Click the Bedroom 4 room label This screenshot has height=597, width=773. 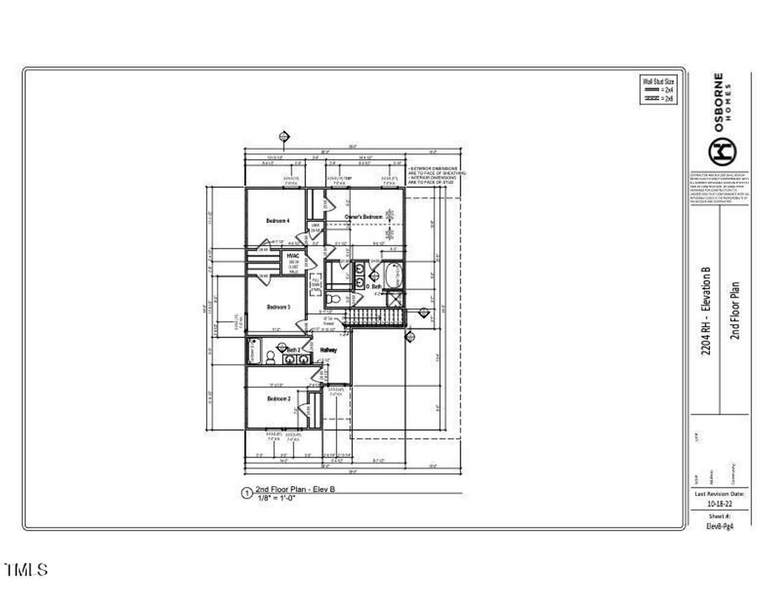(x=278, y=222)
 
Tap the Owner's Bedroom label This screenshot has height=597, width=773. (x=364, y=217)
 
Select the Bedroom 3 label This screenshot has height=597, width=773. (x=278, y=307)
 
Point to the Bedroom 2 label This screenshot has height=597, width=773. (x=278, y=399)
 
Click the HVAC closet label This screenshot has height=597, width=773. (x=293, y=256)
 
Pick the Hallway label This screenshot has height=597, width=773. (x=329, y=350)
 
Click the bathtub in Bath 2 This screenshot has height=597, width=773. (x=253, y=351)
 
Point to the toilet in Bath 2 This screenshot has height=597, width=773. (x=271, y=359)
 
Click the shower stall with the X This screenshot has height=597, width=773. (x=395, y=300)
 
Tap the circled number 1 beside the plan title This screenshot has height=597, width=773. (x=246, y=493)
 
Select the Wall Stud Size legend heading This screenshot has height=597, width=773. (x=657, y=81)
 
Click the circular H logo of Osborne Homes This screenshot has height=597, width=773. (x=722, y=152)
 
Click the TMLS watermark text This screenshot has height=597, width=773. (x=25, y=569)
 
